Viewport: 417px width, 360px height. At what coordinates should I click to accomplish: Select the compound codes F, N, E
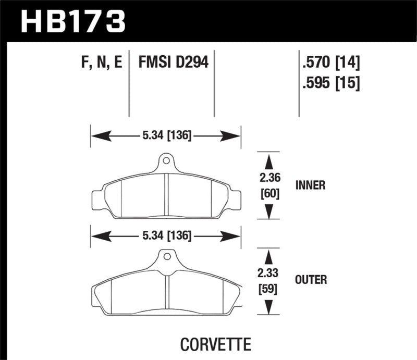pos(102,63)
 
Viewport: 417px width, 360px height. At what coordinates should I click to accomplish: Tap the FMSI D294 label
pos(173,63)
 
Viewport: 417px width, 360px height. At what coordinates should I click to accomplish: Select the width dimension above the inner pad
pos(166,137)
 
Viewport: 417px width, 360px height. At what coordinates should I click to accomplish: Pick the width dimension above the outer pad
pos(166,236)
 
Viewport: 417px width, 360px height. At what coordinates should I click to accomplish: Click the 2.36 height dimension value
pos(269,177)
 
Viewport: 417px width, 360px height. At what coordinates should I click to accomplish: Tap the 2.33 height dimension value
pos(269,272)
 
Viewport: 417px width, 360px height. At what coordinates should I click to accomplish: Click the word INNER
pos(311,185)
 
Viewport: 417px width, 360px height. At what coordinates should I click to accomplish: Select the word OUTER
pos(311,280)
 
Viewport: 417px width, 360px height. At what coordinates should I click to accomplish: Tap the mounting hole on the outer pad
pos(166,256)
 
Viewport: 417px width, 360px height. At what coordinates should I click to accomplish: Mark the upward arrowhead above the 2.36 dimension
pos(269,159)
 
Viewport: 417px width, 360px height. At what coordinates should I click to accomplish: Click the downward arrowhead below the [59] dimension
pos(269,308)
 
